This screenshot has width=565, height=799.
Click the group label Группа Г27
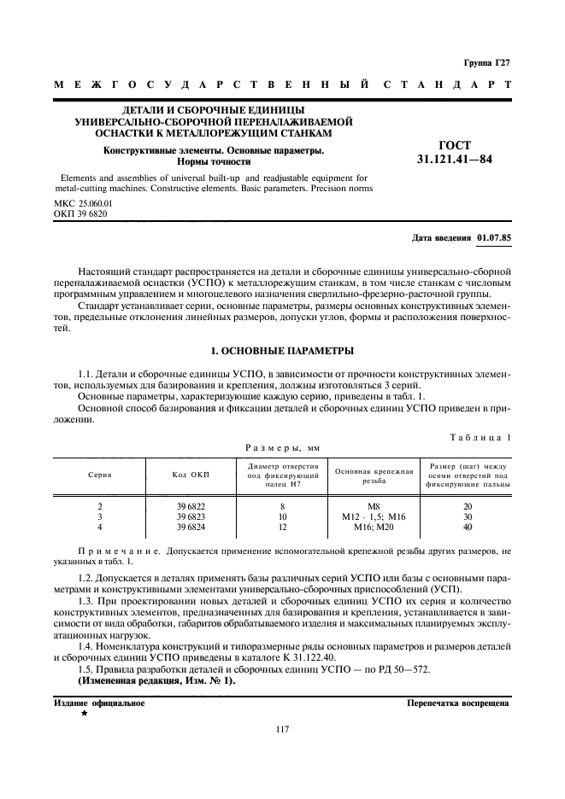pyautogui.click(x=486, y=63)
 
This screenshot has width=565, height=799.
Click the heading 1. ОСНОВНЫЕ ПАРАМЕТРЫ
pyautogui.click(x=282, y=351)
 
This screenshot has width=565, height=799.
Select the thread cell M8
pyautogui.click(x=374, y=506)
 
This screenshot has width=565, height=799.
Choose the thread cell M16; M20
pyautogui.click(x=374, y=527)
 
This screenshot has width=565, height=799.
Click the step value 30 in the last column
pyautogui.click(x=468, y=516)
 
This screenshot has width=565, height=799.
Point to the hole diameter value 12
pyautogui.click(x=282, y=527)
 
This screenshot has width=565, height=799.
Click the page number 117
pyautogui.click(x=282, y=728)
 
